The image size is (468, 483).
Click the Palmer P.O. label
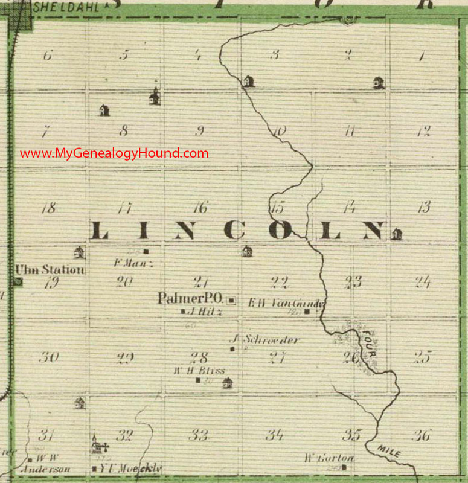191,298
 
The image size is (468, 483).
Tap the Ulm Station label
50,270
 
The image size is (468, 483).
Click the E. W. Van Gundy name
287,304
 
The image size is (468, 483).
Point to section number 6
48,56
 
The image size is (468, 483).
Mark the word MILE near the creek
389,450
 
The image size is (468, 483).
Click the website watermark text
114,153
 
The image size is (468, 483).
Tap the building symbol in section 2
379,82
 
